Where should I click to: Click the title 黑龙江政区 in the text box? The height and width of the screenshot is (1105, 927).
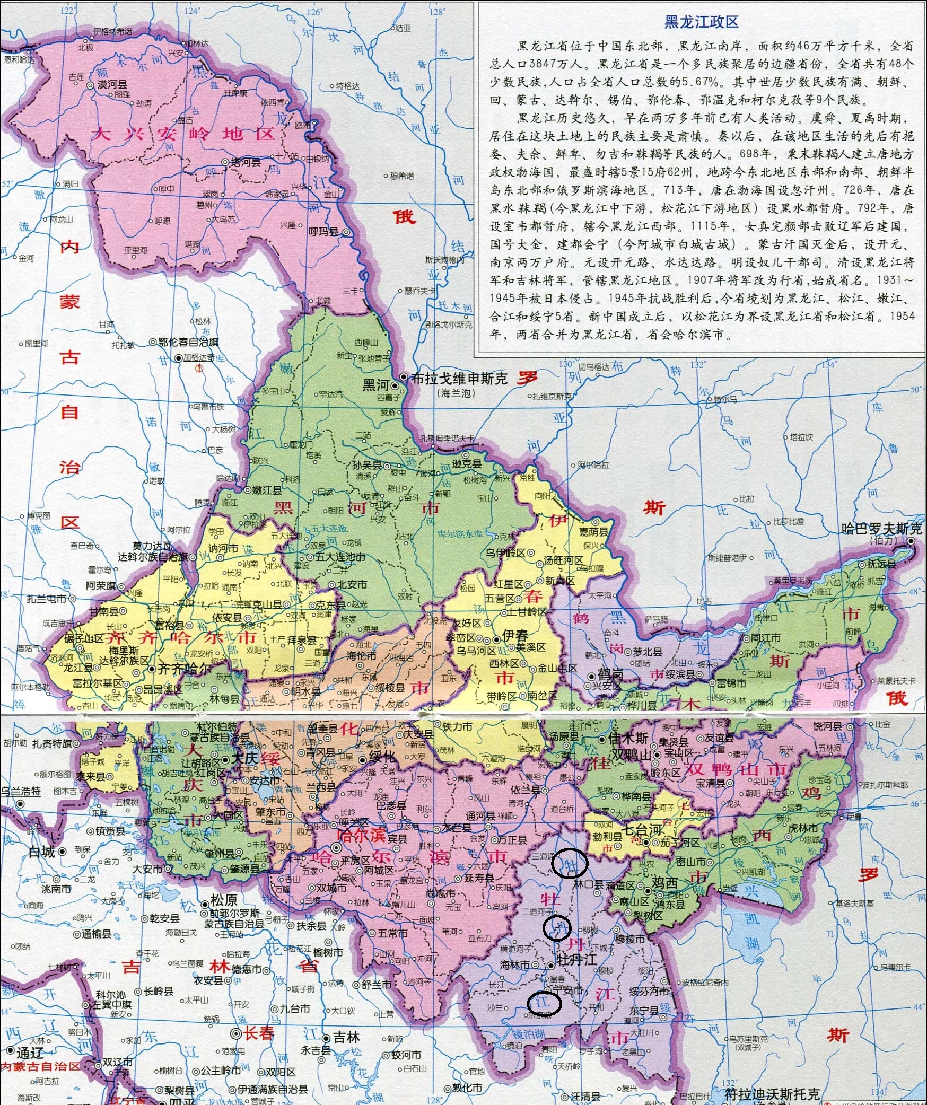point(701,22)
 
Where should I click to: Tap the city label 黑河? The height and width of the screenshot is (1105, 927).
point(375,384)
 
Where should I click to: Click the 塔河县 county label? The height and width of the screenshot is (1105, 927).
point(246,162)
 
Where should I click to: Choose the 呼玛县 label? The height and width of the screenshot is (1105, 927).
point(323,232)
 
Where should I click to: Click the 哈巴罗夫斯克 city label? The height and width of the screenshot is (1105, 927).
point(881,529)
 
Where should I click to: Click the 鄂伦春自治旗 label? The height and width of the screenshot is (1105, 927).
point(188,342)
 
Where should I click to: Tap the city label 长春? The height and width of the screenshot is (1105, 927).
point(259,1033)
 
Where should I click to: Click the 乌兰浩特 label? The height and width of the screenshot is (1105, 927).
point(21,792)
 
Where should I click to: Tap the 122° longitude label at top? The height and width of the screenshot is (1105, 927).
point(68,11)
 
